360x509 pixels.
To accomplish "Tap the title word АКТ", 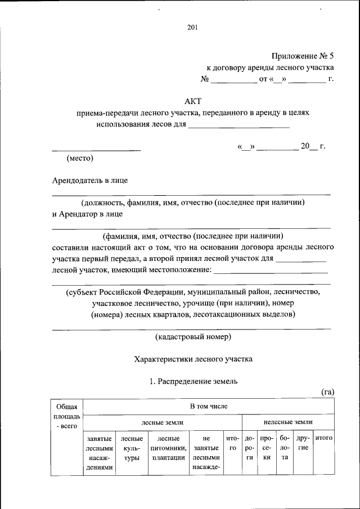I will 193,101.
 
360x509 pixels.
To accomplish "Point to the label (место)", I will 79,159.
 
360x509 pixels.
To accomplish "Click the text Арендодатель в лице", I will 90,181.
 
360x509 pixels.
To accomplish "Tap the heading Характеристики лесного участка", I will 193,358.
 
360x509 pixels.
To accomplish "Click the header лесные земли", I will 162,421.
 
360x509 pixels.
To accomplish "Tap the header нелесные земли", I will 288,421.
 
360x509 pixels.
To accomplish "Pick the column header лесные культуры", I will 132,448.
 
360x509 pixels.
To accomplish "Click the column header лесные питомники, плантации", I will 168,448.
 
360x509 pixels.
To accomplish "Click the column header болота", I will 285,448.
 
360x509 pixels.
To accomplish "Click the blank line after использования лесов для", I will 238,127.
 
